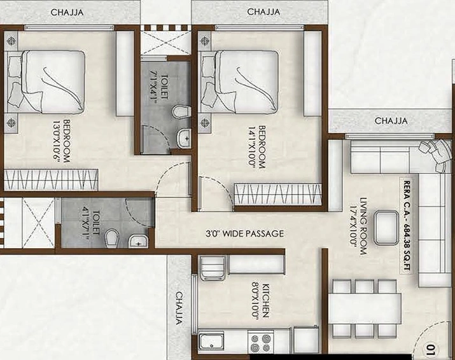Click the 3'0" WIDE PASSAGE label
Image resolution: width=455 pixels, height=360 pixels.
(x=245, y=233)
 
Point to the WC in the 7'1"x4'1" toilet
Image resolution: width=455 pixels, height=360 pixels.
(x=183, y=112)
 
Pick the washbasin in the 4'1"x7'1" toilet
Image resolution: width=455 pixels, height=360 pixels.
(x=137, y=240)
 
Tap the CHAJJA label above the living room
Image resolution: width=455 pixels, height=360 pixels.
(x=391, y=120)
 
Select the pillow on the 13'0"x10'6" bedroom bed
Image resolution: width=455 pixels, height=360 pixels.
(x=13, y=66)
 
